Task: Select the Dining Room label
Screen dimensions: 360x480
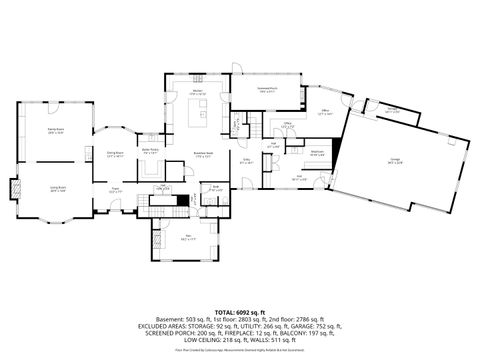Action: (x=115, y=153)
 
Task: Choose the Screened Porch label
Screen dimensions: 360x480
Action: (x=265, y=91)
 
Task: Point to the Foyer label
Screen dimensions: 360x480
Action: (x=116, y=187)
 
